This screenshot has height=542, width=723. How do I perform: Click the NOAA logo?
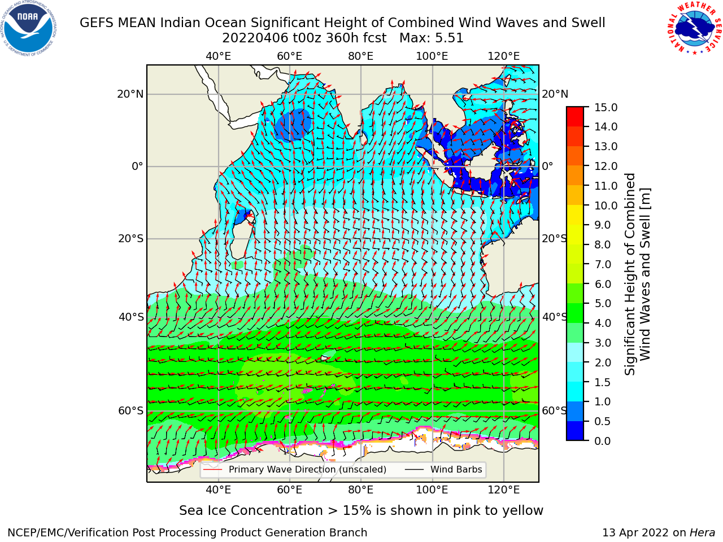29,29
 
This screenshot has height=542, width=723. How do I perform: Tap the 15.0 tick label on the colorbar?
606,108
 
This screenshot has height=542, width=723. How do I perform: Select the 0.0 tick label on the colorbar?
602,441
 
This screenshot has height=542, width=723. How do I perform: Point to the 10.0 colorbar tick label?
606,206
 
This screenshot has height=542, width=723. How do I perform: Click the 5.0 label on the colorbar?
602,303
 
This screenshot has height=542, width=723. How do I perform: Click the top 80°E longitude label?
361,56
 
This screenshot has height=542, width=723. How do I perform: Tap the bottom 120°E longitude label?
503,490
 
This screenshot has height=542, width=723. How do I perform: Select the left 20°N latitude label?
130,94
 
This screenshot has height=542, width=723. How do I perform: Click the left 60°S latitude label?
131,411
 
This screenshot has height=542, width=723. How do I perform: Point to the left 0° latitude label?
138,166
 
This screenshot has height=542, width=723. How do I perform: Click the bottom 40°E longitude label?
218,490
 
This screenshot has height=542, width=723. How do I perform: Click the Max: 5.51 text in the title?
432,38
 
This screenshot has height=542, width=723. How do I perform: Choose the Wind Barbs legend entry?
443,469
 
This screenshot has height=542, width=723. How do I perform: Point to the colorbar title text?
637,274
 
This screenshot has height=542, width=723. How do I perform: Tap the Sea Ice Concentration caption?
361,510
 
